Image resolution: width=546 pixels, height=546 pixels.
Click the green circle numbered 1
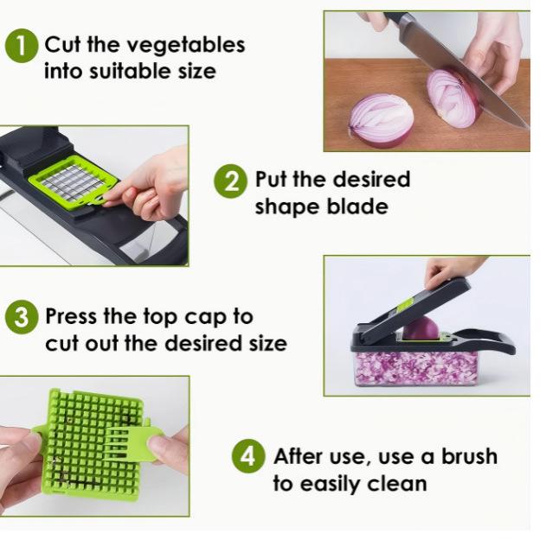pyautogui.click(x=22, y=46)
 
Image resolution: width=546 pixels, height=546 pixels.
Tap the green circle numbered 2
pyautogui.click(x=231, y=181)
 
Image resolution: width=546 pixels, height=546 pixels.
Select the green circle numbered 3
pyautogui.click(x=22, y=317)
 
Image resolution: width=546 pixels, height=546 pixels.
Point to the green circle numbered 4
pyautogui.click(x=248, y=456)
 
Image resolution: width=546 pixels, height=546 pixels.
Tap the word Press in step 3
pyautogui.click(x=72, y=316)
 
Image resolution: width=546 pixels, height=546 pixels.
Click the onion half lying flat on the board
pyautogui.click(x=381, y=120)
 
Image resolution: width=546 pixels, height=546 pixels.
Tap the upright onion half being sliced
pyautogui.click(x=453, y=98)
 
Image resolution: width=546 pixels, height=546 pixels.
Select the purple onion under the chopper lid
pyautogui.click(x=421, y=328)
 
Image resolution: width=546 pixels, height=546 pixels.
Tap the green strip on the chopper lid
pyautogui.click(x=404, y=304)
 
